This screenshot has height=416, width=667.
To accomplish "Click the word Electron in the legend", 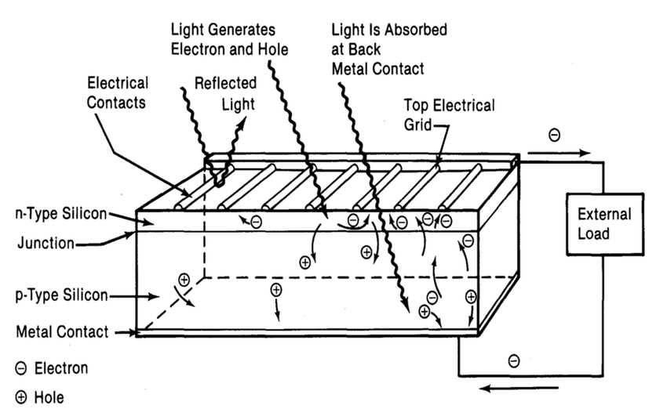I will (x=62, y=367).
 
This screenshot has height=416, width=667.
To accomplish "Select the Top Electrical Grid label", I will (x=449, y=114).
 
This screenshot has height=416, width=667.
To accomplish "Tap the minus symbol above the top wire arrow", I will (x=555, y=136).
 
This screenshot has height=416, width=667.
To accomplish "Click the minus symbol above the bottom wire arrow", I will (x=513, y=360).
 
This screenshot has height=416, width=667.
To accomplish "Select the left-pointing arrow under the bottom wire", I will (x=500, y=387).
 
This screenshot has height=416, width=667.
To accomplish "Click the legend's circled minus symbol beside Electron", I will (x=21, y=368).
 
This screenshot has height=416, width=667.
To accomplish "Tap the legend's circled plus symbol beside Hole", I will (x=21, y=397).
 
